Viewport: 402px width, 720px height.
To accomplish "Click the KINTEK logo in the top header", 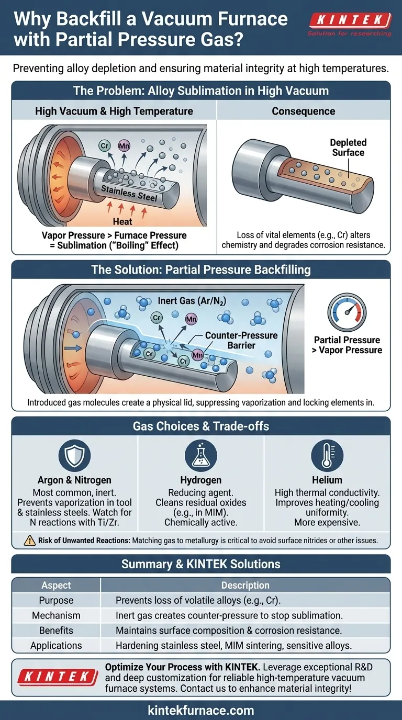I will [x=350, y=21].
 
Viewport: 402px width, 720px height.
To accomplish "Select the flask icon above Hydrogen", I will [x=200, y=456].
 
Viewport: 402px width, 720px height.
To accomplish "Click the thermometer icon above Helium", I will [x=327, y=456].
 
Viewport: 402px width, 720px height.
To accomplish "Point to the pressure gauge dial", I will [x=347, y=312].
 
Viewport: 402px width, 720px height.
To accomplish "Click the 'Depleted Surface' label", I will [x=348, y=148].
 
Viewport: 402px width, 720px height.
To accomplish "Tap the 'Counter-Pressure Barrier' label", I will [x=241, y=340].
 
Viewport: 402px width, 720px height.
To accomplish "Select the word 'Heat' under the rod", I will [x=122, y=222].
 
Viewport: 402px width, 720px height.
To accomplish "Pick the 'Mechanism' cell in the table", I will [x=56, y=615].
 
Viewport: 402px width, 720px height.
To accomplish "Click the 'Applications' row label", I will [x=56, y=646].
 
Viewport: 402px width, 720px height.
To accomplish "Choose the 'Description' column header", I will [x=245, y=585].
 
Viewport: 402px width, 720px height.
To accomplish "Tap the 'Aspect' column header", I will [x=56, y=585].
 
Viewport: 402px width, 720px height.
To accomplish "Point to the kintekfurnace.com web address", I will [x=201, y=710].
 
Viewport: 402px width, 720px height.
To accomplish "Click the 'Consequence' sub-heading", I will [x=304, y=111].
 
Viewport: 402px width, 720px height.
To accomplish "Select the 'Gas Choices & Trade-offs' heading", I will [x=201, y=426].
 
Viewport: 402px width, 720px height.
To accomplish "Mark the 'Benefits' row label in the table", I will [x=56, y=631].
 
